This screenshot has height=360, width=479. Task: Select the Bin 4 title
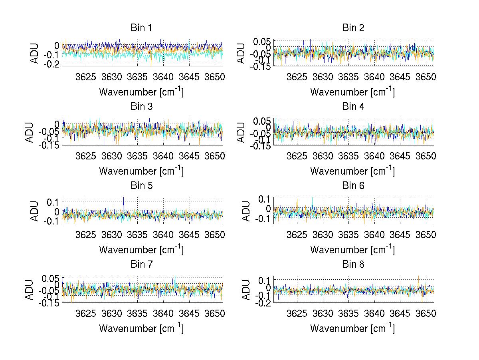[x=353, y=107]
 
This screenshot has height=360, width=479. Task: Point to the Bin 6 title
[x=353, y=185]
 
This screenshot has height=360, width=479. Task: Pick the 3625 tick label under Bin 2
[x=297, y=77]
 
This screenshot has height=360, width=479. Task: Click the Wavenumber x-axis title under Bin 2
[x=352, y=91]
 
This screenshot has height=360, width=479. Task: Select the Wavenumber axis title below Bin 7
[x=141, y=328]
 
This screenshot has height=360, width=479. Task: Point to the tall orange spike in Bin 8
[x=418, y=276]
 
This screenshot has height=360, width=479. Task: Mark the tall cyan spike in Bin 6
[x=312, y=199]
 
